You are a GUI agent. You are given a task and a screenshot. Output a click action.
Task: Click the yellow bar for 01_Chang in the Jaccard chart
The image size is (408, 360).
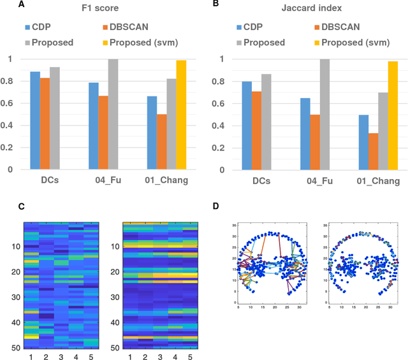pyautogui.click(x=392, y=115)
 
